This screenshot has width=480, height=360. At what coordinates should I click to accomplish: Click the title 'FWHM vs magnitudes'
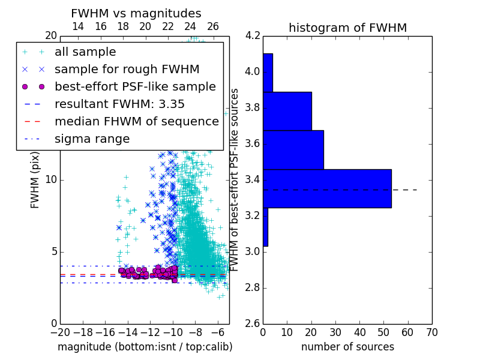(x=136, y=13)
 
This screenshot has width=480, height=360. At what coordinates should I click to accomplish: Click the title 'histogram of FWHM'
(x=348, y=28)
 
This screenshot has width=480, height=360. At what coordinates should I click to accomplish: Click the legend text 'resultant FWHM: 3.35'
(x=119, y=104)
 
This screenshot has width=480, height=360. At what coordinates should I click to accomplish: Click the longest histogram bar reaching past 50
(x=327, y=188)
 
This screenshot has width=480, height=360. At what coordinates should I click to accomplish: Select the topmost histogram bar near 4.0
(x=268, y=73)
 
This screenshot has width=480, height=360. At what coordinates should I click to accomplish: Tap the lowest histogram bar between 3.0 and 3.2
(x=265, y=227)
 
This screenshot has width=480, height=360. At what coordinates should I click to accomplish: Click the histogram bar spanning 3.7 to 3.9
(x=287, y=112)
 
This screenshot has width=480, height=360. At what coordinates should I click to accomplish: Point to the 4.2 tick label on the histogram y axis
(x=253, y=35)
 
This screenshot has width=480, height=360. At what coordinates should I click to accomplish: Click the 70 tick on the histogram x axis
(x=432, y=332)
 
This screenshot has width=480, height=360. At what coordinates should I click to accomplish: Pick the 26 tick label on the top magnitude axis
(x=213, y=26)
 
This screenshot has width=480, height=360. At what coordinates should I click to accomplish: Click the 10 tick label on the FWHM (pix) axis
(x=51, y=179)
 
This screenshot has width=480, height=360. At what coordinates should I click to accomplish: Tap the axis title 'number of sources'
(x=348, y=347)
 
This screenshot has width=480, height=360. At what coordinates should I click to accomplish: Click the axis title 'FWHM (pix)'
(x=35, y=181)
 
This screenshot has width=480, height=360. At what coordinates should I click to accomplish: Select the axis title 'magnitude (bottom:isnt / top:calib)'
(x=145, y=347)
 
